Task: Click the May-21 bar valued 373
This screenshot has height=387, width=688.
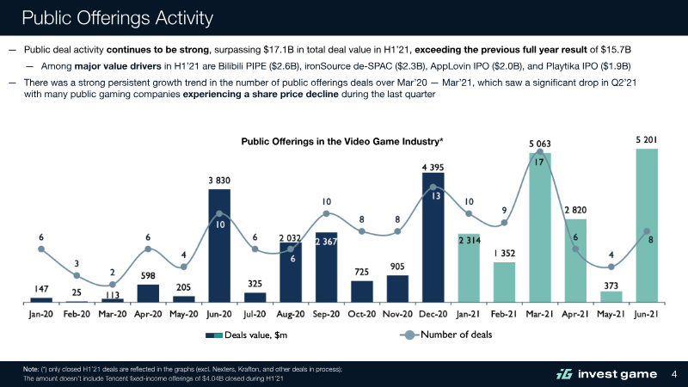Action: coord(611,297)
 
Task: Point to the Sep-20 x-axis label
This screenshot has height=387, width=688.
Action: coord(326,314)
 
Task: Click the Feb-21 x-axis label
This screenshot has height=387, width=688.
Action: coord(504,314)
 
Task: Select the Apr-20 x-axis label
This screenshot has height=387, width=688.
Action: coord(148,314)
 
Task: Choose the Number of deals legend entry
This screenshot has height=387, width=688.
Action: coord(448,335)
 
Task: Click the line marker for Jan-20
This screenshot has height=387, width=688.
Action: coord(41,249)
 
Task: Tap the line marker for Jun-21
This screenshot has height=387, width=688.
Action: coord(647,230)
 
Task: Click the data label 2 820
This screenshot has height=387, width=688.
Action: coord(575,210)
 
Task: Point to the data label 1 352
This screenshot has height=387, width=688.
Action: coord(504,254)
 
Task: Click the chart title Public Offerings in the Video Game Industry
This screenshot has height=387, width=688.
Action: coord(342,141)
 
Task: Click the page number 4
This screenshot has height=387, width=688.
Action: coord(674,372)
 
